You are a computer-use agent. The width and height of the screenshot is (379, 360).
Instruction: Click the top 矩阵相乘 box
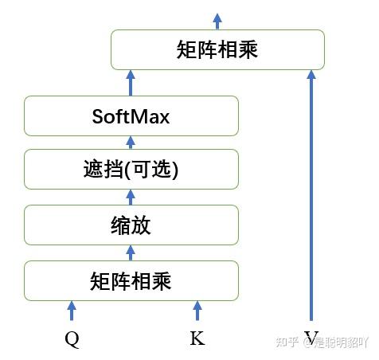[217, 49]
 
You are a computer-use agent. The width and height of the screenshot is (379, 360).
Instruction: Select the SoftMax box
[131, 116]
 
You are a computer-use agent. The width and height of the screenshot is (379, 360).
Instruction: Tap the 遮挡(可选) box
[131, 170]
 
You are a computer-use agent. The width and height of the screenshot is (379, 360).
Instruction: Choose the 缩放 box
[131, 225]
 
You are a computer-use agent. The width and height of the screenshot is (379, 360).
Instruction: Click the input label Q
[72, 338]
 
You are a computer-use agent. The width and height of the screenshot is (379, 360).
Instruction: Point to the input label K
[197, 338]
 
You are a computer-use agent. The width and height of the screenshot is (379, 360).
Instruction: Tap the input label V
[310, 338]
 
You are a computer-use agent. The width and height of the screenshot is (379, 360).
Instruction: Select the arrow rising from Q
[72, 311]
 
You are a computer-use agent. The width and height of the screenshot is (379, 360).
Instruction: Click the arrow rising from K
[197, 311]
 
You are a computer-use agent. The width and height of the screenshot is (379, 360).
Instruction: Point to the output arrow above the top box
[217, 19]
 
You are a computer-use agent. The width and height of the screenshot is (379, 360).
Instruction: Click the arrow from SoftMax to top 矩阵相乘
[131, 83]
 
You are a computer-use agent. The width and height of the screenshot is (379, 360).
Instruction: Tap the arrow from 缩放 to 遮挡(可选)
[131, 197]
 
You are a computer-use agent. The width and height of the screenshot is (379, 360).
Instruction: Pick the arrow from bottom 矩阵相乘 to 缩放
[131, 252]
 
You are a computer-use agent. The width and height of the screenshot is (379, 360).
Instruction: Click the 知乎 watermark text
[287, 343]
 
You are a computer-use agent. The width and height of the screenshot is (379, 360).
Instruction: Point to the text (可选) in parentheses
[153, 170]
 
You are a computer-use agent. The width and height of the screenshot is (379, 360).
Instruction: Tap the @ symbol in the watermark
[307, 343]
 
